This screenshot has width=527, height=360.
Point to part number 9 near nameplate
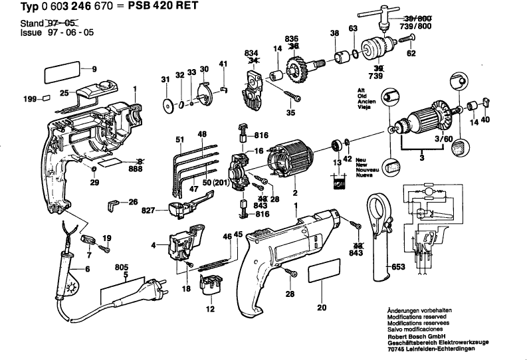click(x=94, y=69)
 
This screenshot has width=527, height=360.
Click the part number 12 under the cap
click(x=210, y=308)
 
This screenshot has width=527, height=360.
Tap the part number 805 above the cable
click(x=121, y=267)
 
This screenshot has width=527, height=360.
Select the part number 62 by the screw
click(x=411, y=53)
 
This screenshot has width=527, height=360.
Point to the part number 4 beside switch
click(x=154, y=245)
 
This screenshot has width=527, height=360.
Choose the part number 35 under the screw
click(x=290, y=113)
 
